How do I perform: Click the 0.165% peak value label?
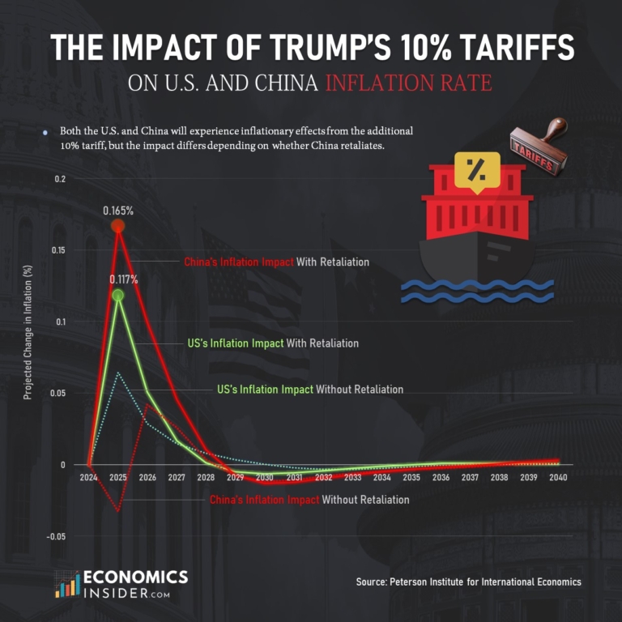pos(118,210)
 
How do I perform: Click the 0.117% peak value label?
pos(124,279)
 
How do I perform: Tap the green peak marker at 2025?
pos(118,296)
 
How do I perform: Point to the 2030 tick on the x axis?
pos(265,478)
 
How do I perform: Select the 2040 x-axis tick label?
pos(558,478)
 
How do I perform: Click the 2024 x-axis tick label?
pos(88,478)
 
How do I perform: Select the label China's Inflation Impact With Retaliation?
pos(276,262)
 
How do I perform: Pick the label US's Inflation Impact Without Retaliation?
pos(310,390)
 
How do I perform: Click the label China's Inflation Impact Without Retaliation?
pos(309,500)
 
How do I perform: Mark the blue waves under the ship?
pos(477,291)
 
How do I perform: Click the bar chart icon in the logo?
pos(66,585)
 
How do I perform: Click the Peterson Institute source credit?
pos(468,582)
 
